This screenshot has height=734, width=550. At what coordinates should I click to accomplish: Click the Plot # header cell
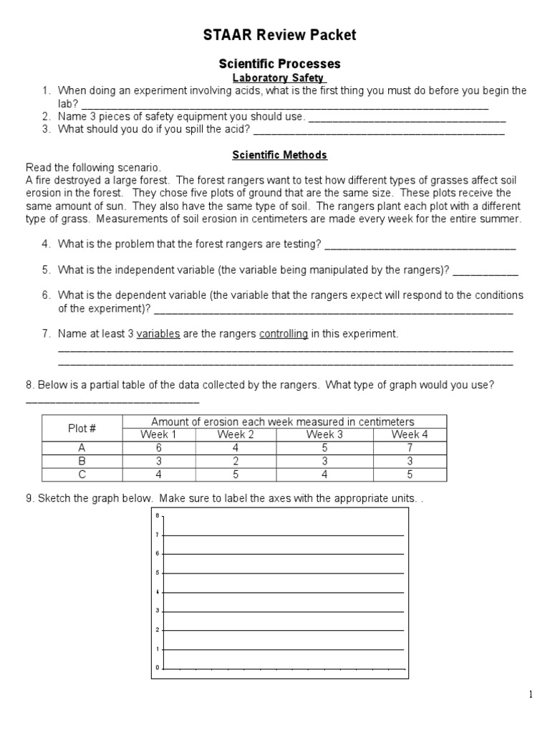click(x=82, y=428)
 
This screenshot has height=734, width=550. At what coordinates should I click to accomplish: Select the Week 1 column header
click(x=158, y=434)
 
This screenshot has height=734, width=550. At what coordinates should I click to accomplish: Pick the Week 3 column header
click(x=324, y=434)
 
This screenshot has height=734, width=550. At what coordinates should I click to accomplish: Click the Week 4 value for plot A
click(x=410, y=448)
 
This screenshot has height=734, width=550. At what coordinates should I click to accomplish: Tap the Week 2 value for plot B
click(x=236, y=461)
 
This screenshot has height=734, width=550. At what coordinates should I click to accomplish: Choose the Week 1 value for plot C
click(x=158, y=474)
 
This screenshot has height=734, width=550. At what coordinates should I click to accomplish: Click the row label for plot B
click(x=82, y=461)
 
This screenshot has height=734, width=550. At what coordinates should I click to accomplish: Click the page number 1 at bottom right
click(x=531, y=694)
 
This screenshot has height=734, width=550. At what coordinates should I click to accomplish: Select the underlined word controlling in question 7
click(x=284, y=334)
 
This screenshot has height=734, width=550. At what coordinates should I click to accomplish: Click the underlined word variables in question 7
click(x=158, y=334)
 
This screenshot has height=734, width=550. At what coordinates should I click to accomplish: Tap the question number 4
click(x=46, y=244)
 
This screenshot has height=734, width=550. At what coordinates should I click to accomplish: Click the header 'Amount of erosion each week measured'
click(x=283, y=421)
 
